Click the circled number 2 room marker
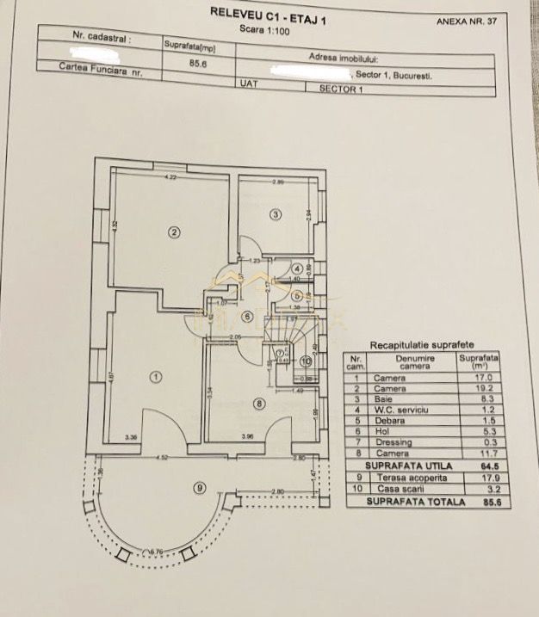click(x=174, y=231)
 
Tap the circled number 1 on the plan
click(x=156, y=376)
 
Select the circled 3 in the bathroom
click(x=276, y=213)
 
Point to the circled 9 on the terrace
click(x=200, y=488)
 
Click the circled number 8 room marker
click(x=259, y=403)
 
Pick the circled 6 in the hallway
click(x=247, y=316)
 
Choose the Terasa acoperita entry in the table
click(x=407, y=478)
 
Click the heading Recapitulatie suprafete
click(x=409, y=343)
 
